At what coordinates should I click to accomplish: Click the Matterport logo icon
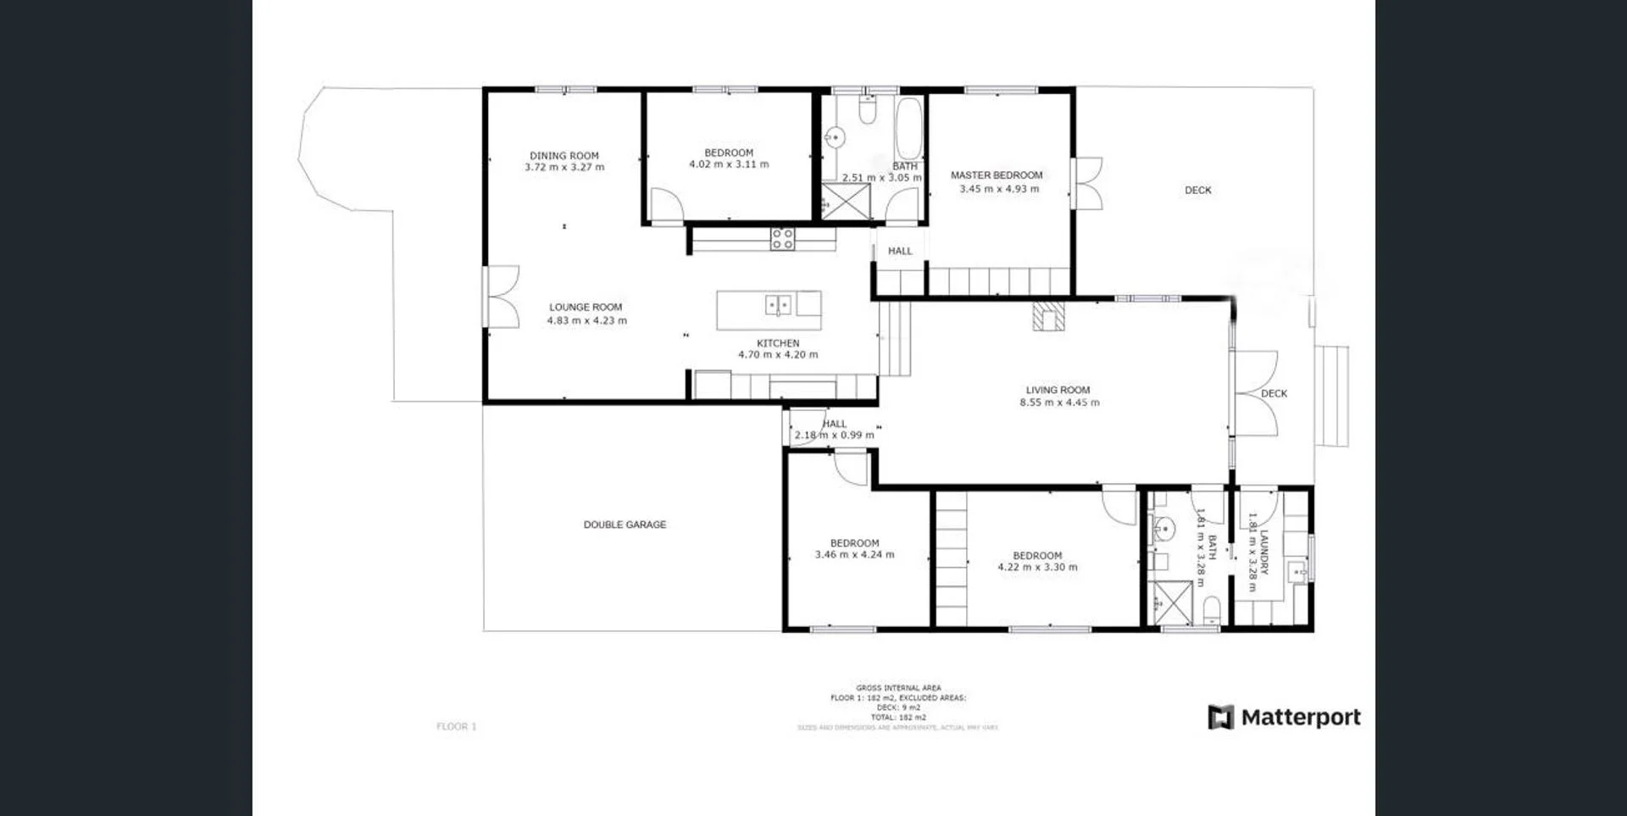pos(1220,718)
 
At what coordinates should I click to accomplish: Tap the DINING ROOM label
pos(564,156)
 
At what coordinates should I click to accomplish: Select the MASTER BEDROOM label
pos(997,175)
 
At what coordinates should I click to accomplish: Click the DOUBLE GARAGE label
pos(625,525)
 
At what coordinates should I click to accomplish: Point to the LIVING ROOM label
pos(1058,391)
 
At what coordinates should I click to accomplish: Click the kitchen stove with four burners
pos(782,239)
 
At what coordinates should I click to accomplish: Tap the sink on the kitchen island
pos(779,304)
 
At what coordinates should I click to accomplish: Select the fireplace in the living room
pos(1047,316)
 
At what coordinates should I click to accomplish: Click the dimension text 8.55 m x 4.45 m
pos(1059,403)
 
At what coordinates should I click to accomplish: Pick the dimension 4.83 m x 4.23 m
pos(586,321)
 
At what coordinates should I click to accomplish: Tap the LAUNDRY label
pos(1263,552)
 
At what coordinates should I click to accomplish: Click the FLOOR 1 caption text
pos(457,726)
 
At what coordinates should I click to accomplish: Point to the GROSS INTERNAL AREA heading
pos(898,688)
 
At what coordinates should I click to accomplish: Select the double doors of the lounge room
pos(501,297)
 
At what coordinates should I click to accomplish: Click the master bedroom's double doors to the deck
pos(1087,183)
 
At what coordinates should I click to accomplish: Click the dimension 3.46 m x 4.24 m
pos(854,555)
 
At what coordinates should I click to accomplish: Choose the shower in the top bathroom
pos(845,201)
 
